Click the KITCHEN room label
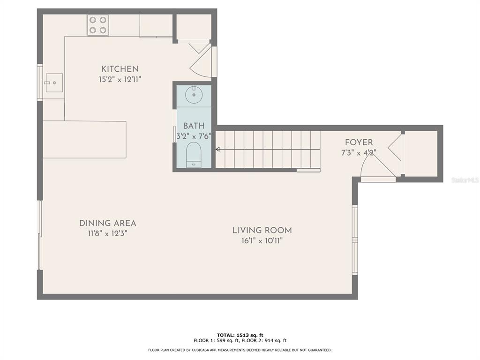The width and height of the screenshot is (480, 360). tap(120, 69)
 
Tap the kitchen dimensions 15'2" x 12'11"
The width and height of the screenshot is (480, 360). tap(120, 80)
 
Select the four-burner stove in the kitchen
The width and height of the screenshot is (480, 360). tap(98, 25)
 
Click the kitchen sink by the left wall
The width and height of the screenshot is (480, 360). tap(54, 83)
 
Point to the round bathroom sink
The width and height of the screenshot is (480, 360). tap(194, 94)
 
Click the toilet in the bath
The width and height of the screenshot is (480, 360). tap(194, 155)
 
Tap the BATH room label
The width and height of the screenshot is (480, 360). tap(194, 126)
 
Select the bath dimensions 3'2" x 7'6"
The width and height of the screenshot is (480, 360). tap(194, 136)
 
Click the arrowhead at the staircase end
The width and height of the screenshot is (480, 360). tap(217, 150)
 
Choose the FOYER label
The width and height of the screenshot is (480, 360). tap(359, 142)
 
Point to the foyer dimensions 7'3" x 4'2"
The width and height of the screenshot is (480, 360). tap(359, 152)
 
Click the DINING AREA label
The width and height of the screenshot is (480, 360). tap(107, 223)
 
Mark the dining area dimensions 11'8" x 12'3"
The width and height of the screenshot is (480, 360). tap(107, 233)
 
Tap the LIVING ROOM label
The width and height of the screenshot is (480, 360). tap(262, 230)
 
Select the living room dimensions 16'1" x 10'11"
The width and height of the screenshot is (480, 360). tap(262, 240)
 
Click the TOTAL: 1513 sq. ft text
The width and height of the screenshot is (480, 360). tap(240, 335)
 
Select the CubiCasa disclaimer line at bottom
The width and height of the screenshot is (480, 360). tap(240, 350)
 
